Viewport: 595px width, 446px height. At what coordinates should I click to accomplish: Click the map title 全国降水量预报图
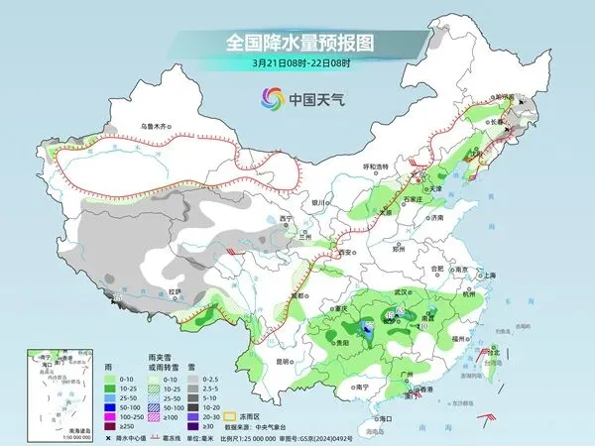[297, 43]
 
